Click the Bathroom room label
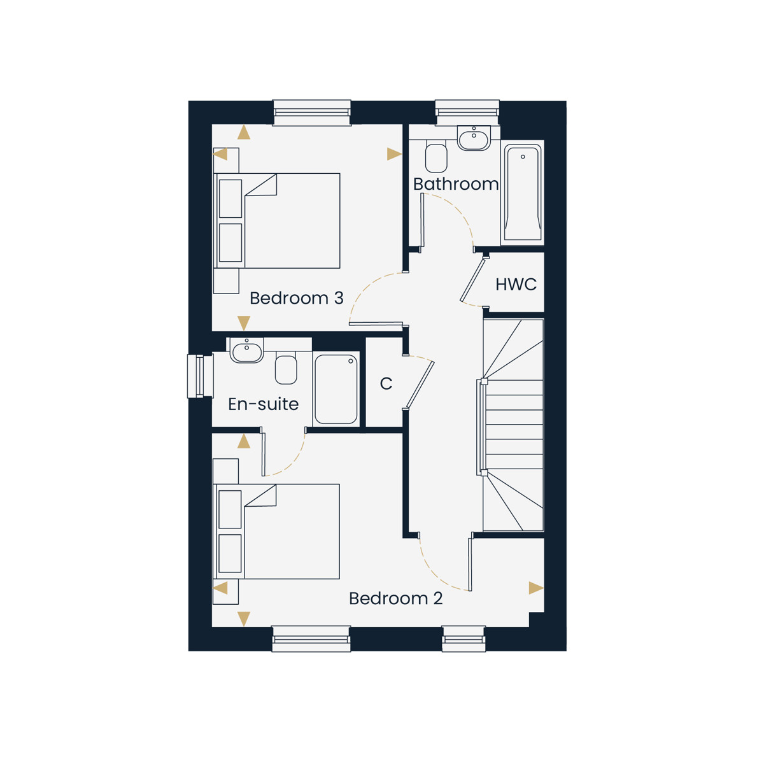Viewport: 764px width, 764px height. [x=456, y=184]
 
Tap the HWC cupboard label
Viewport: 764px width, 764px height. [x=516, y=284]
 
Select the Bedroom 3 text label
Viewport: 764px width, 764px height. [x=296, y=298]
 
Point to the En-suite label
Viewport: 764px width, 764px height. [x=263, y=404]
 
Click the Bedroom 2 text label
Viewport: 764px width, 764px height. [x=395, y=598]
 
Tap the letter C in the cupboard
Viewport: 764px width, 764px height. [x=386, y=383]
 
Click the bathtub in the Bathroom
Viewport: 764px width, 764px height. [x=523, y=192]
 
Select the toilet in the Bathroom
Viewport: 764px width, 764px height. [x=436, y=156]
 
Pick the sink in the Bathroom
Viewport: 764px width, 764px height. [x=474, y=138]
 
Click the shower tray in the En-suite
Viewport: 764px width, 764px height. [x=336, y=389]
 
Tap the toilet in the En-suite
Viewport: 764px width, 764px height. [x=286, y=368]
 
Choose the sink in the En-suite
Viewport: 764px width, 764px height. [x=246, y=350]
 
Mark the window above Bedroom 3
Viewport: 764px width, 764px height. [x=312, y=113]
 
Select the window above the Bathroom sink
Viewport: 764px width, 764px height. [x=467, y=113]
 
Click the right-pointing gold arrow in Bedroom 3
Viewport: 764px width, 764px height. [x=394, y=154]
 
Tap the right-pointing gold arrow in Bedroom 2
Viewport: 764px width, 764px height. [x=536, y=588]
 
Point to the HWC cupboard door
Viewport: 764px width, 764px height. [x=472, y=279]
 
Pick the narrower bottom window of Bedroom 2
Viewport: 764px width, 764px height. [x=463, y=639]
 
